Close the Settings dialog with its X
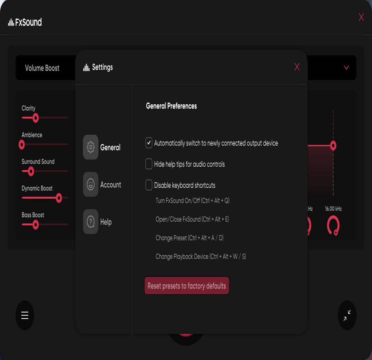[x=297, y=67]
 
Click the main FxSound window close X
[x=361, y=17]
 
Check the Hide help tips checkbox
[x=149, y=164]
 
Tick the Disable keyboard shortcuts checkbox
[x=149, y=185]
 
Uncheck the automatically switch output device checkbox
[x=149, y=143]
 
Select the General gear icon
[x=91, y=147]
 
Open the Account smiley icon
[x=91, y=184]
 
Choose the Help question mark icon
[x=91, y=222]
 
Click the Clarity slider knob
[x=36, y=118]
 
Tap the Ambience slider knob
[x=22, y=145]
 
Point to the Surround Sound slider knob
[x=31, y=171]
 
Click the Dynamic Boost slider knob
[x=59, y=198]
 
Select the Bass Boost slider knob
[x=36, y=224]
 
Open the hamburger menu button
[x=25, y=315]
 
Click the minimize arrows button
[x=347, y=315]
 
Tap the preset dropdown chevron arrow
[x=346, y=68]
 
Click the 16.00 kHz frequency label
[x=333, y=209]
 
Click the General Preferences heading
[x=171, y=106]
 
